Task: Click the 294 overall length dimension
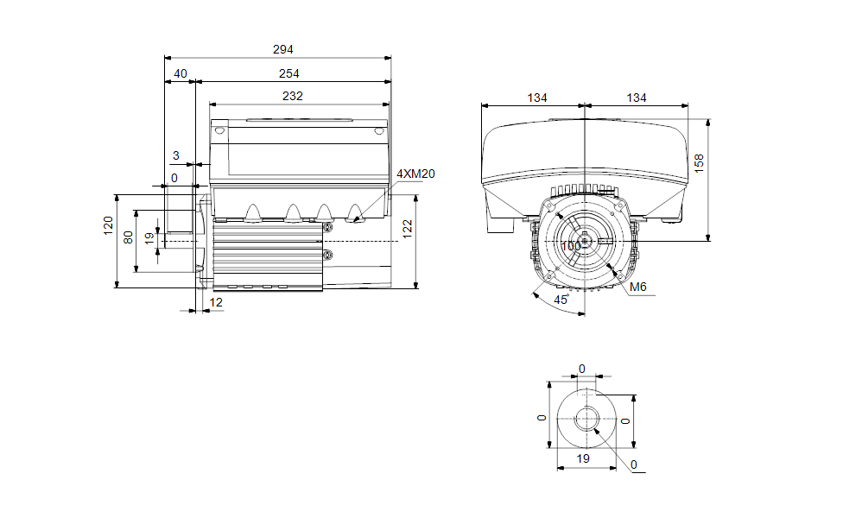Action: (x=277, y=50)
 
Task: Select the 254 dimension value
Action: (x=288, y=74)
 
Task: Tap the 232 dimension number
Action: (x=293, y=97)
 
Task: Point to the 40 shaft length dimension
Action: (x=180, y=74)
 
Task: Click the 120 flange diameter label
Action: (x=109, y=226)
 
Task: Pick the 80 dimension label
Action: (x=128, y=237)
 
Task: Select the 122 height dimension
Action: (x=408, y=227)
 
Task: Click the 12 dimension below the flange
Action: (x=216, y=302)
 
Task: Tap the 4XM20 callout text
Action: (x=415, y=174)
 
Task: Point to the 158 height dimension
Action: (x=700, y=163)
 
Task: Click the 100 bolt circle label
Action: (x=571, y=246)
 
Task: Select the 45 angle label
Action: (x=561, y=300)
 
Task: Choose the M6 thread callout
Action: (x=639, y=287)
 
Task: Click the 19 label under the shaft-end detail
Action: (x=583, y=458)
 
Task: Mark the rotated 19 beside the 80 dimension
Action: (x=149, y=239)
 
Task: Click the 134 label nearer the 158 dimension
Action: (x=637, y=98)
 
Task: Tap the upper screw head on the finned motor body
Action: (x=328, y=227)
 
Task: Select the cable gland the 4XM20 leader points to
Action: (x=355, y=213)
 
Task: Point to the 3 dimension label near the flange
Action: (x=176, y=155)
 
